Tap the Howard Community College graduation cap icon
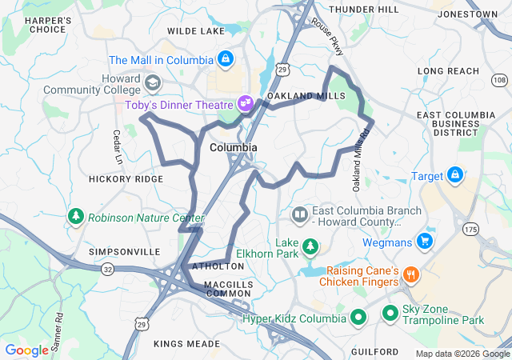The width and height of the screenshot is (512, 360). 152,82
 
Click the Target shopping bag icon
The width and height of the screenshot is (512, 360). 455,174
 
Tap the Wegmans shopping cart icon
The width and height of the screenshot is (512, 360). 425,241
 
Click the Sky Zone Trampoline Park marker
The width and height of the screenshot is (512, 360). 390,312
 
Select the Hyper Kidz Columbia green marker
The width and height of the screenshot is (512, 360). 358,318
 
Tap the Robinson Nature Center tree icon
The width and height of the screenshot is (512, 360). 76,217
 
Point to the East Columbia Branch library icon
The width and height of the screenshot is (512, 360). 299,214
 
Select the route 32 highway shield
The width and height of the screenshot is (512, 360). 107,270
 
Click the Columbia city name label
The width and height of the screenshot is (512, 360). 234,148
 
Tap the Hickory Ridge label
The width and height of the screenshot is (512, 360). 126,179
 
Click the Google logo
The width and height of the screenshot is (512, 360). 26,350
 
